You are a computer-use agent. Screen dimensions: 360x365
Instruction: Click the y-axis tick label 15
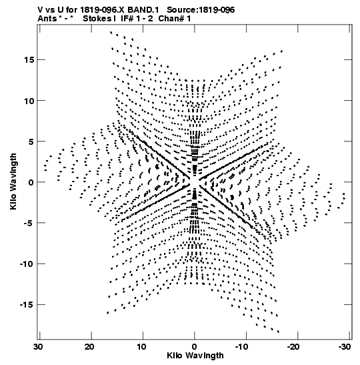(29, 60)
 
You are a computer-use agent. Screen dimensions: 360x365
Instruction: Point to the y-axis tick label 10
(29, 101)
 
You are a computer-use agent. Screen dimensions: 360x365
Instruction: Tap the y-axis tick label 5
(31, 141)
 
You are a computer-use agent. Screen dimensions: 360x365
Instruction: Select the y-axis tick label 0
(31, 182)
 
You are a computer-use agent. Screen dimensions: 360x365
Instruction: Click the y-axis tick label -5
(29, 223)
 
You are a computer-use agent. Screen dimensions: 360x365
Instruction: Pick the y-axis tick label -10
(27, 264)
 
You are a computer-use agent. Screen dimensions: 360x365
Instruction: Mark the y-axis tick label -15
(27, 305)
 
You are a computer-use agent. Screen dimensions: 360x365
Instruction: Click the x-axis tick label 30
(38, 347)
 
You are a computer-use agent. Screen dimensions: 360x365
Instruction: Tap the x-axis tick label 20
(89, 347)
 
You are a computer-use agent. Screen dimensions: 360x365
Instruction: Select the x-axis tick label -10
(243, 347)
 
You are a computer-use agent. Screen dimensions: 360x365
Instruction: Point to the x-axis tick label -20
(295, 347)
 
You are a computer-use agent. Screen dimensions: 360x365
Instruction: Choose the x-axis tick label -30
(345, 347)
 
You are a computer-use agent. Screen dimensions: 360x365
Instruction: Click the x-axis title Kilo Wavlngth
(195, 356)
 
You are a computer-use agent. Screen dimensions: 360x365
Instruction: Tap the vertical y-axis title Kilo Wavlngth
(13, 181)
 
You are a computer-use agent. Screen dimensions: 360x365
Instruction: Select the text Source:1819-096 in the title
(201, 10)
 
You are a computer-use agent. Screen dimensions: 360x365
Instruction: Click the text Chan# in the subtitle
(171, 19)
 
